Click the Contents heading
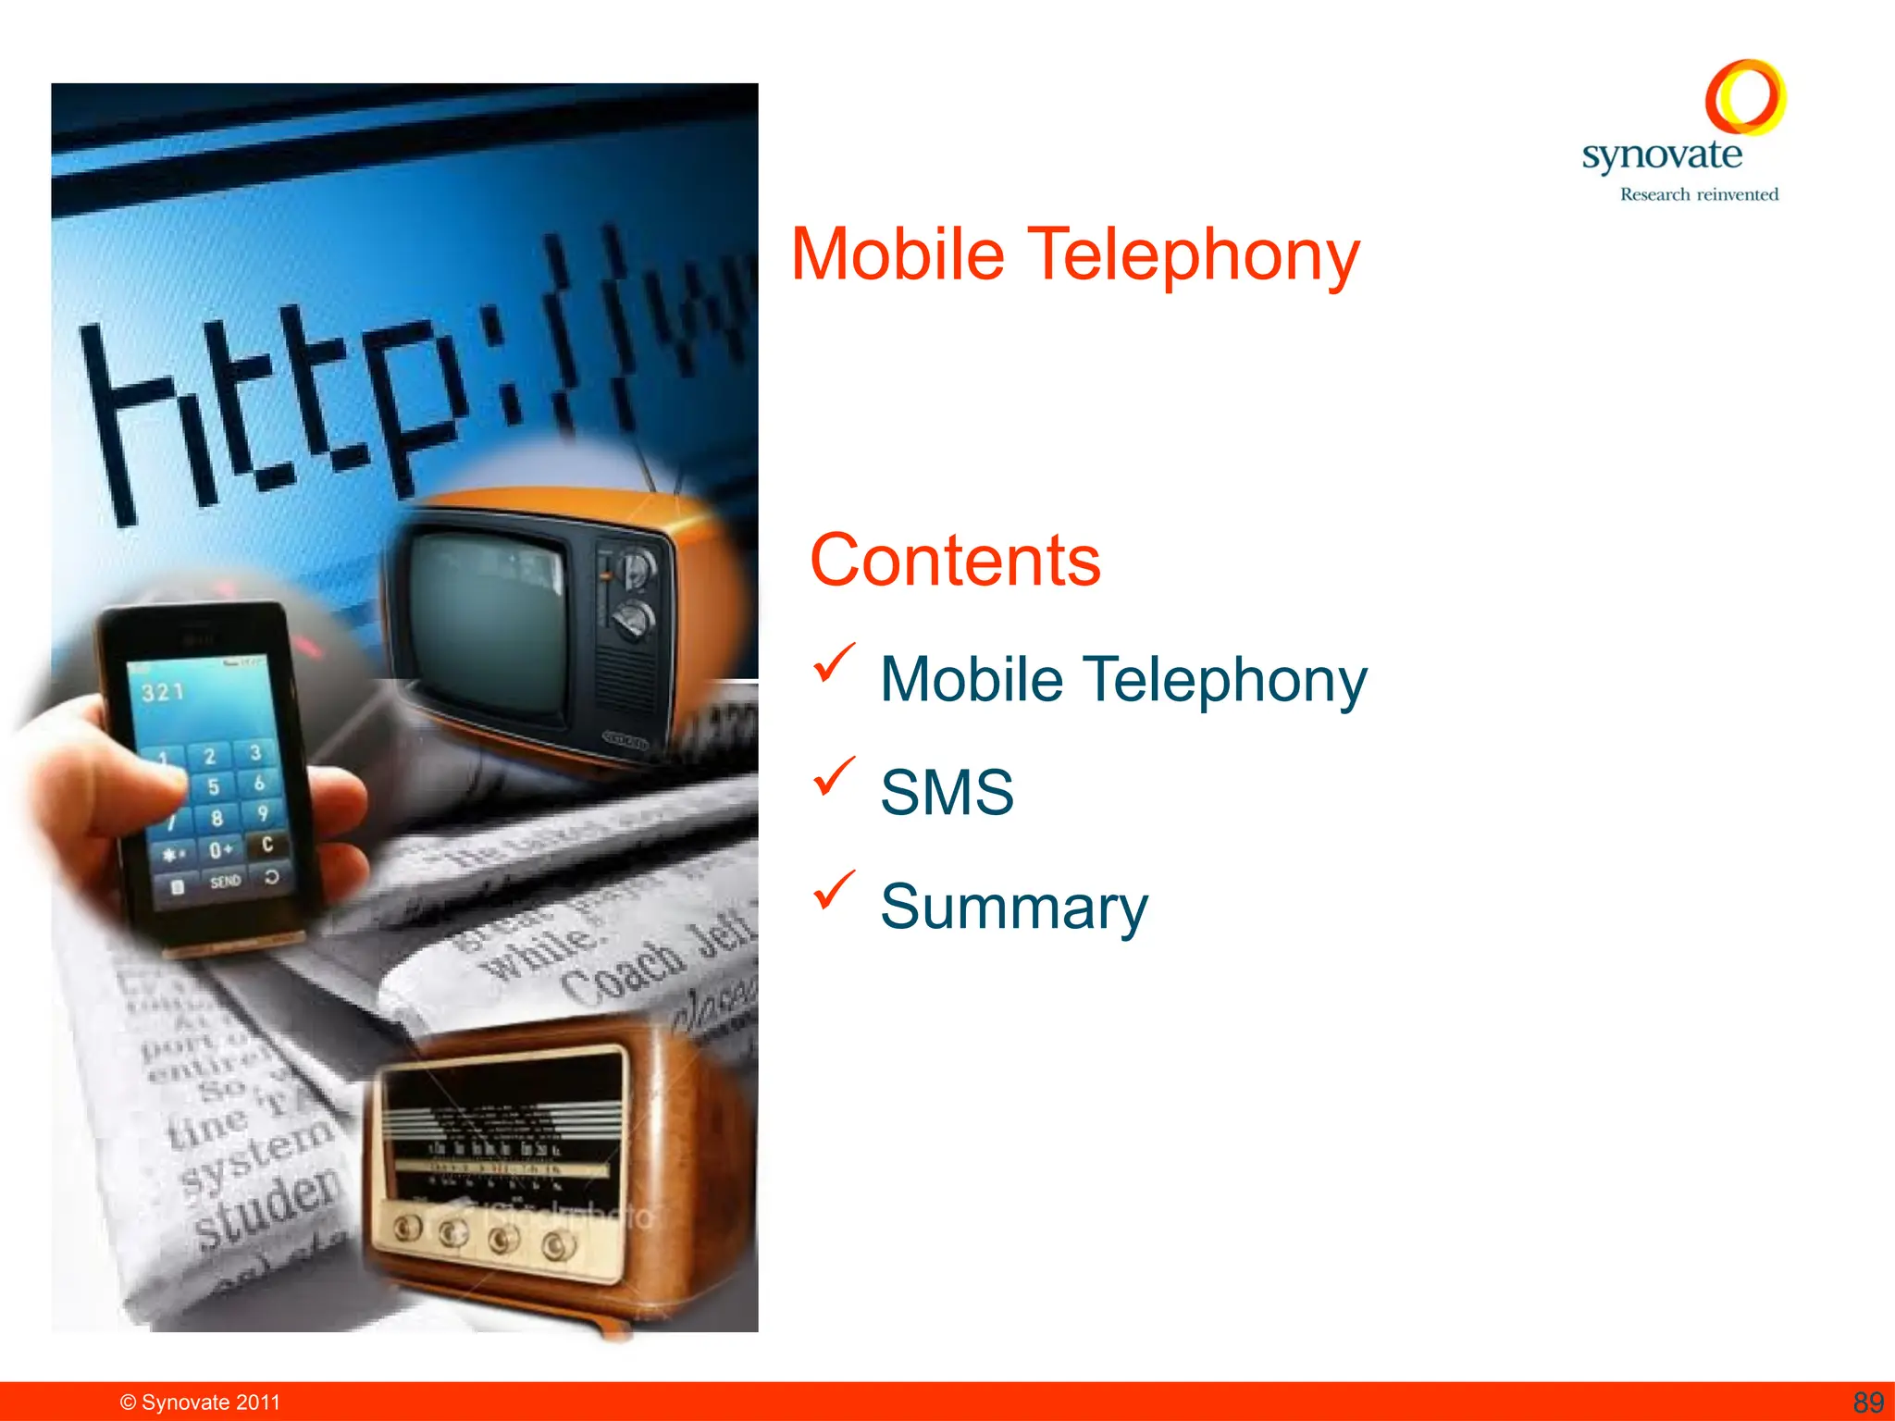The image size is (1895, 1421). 955,561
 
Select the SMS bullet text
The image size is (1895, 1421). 947,793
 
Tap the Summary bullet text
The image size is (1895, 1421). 1014,907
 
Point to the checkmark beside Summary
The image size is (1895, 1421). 834,890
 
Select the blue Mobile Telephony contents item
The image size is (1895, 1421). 1123,680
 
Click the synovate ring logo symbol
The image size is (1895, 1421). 1745,97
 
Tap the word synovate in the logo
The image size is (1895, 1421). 1662,154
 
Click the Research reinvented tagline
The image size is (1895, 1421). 1699,194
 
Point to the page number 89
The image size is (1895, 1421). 1868,1402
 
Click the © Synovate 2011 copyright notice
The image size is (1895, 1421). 200,1402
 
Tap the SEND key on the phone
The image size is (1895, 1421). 225,882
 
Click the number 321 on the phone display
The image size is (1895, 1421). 163,692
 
